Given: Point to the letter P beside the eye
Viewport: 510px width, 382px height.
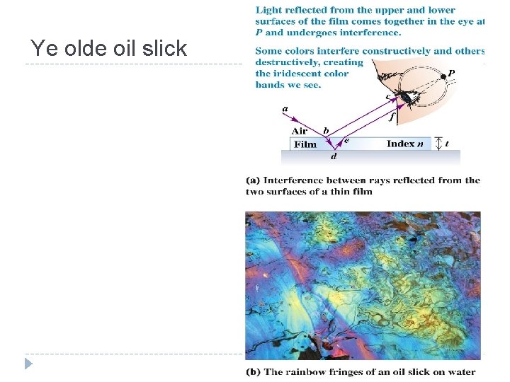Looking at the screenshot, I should coord(451,72).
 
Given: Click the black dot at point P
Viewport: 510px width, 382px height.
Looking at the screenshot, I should coord(443,76).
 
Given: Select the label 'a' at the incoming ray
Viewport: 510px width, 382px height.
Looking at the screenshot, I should coord(285,108).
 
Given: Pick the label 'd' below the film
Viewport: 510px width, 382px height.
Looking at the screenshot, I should coord(334,156).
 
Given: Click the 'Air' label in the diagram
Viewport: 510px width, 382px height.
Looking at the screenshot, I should coord(300,131).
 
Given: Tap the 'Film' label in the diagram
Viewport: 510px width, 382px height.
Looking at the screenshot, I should coord(305,144).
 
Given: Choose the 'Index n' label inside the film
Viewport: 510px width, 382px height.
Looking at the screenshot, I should coord(405,144).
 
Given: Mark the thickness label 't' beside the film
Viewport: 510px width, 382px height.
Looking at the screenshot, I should coord(446,144).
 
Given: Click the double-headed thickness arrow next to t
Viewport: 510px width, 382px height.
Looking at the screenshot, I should coord(438,144).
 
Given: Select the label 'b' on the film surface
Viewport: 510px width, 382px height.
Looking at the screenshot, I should coord(325,131).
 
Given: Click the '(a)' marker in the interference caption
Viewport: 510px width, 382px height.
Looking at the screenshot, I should coord(254,180).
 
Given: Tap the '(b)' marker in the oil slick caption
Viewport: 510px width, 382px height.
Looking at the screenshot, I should coord(254,372).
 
